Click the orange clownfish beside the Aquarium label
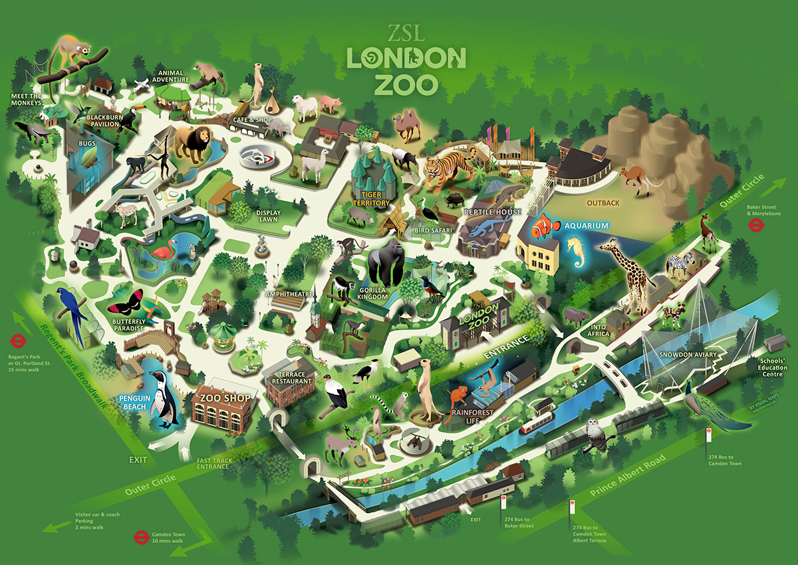pyautogui.click(x=545, y=226)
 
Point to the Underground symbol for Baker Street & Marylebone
pyautogui.click(x=755, y=225)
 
